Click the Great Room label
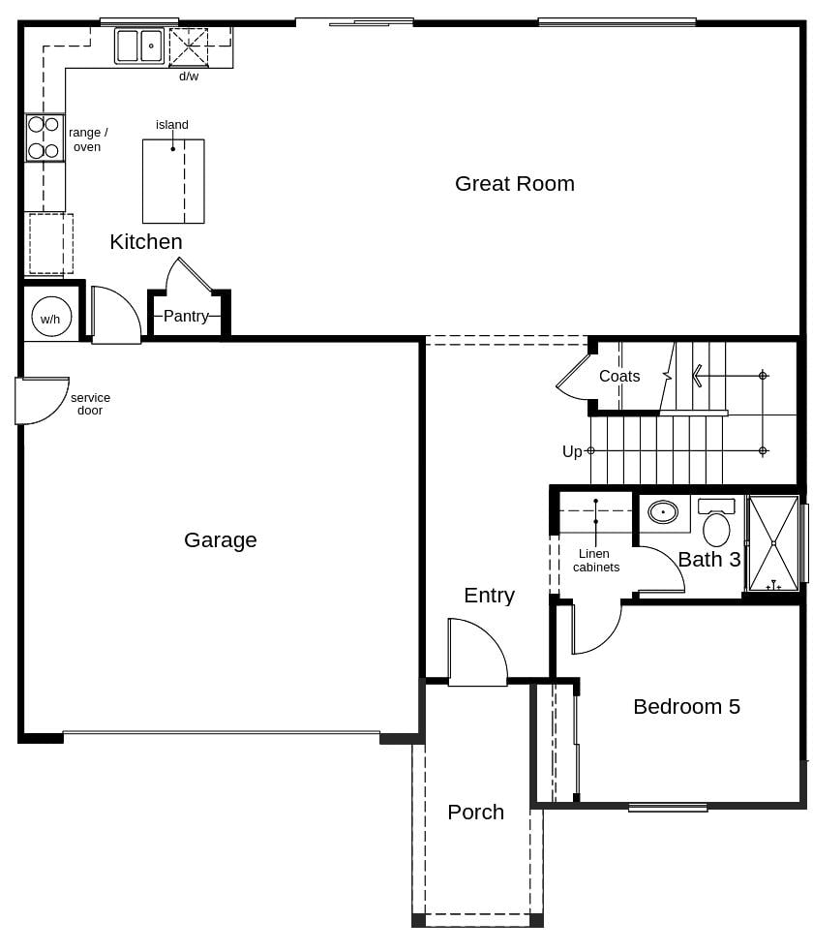514,184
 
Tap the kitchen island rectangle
173,181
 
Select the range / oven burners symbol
44,138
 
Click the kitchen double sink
139,46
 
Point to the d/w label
189,77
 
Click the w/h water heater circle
51,317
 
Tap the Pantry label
186,316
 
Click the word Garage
221,540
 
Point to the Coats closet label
619,377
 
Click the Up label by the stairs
572,452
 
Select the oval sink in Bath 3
663,512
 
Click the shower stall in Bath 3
773,543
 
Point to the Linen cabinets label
595,561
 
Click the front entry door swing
475,655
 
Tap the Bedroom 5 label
686,707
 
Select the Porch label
475,813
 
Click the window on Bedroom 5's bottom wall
668,807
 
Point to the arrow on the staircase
699,375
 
